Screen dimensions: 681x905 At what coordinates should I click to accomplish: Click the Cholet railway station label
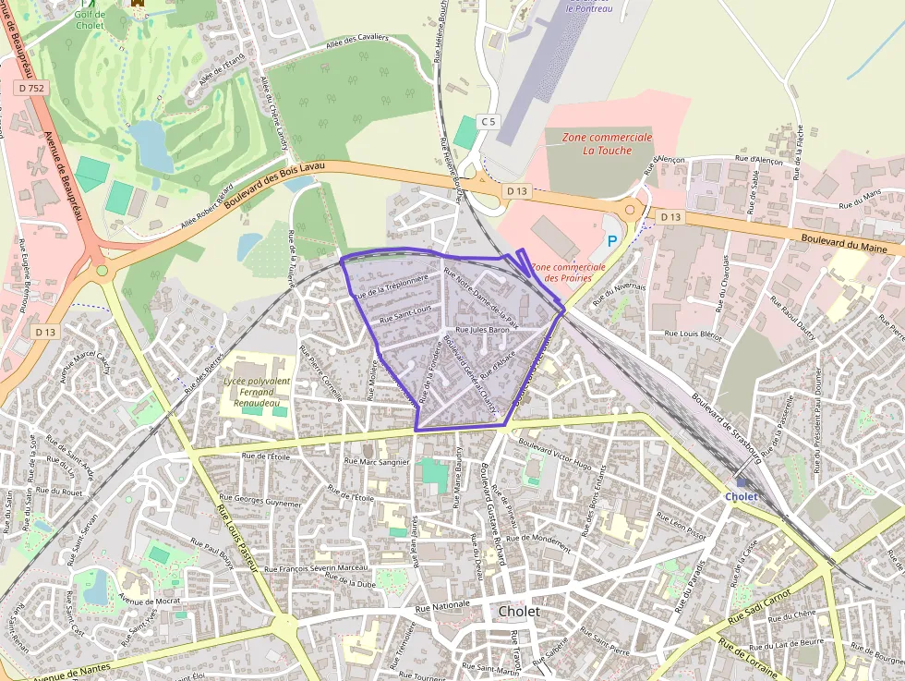742,496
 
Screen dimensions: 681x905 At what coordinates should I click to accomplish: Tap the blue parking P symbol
611,240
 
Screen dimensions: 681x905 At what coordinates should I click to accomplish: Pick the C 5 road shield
488,121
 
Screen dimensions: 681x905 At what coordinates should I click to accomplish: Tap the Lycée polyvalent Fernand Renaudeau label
257,393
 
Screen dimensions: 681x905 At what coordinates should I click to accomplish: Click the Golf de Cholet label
90,19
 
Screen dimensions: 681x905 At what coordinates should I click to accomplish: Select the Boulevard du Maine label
851,243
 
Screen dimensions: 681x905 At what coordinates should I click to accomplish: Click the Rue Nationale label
442,608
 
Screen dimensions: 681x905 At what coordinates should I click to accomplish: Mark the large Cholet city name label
518,612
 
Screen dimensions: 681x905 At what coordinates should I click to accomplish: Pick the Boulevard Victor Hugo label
555,453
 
